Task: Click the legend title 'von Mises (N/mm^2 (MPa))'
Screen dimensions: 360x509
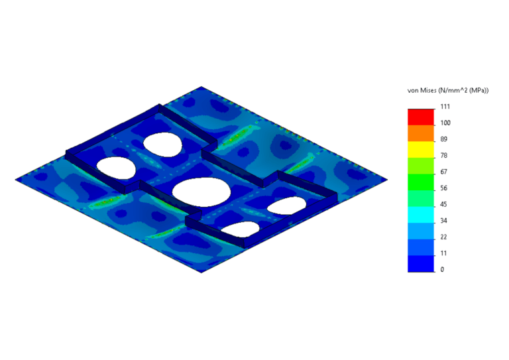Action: tap(447, 90)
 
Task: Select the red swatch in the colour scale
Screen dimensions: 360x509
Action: tap(420, 115)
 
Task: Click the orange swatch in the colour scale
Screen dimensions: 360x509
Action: tap(420, 131)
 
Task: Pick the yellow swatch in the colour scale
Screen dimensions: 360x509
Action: tap(420, 147)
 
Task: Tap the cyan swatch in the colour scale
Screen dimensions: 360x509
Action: tap(420, 212)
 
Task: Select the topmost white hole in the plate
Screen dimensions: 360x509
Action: tap(162, 143)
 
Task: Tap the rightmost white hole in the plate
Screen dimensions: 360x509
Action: tap(289, 206)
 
